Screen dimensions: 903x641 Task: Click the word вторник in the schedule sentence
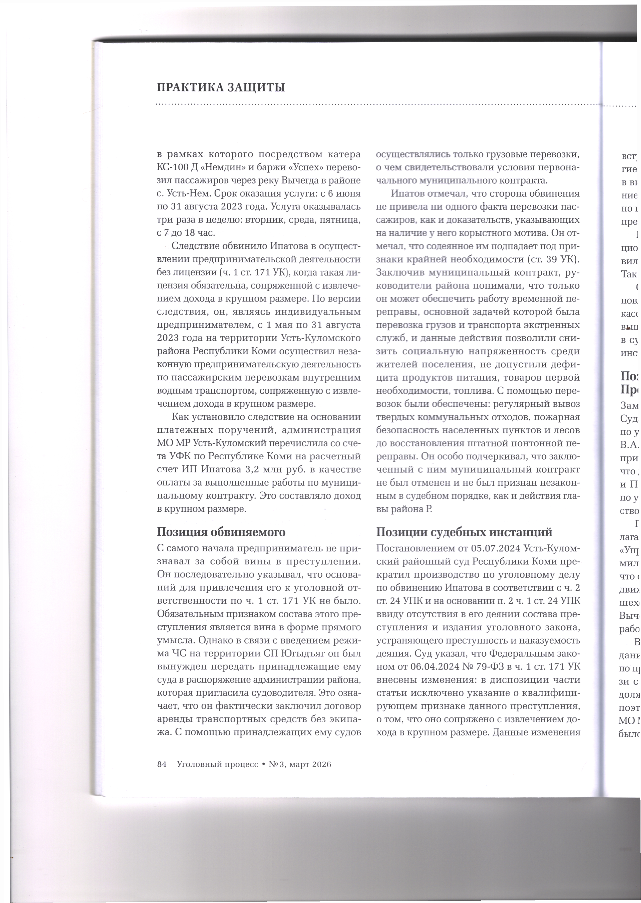[x=274, y=220]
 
